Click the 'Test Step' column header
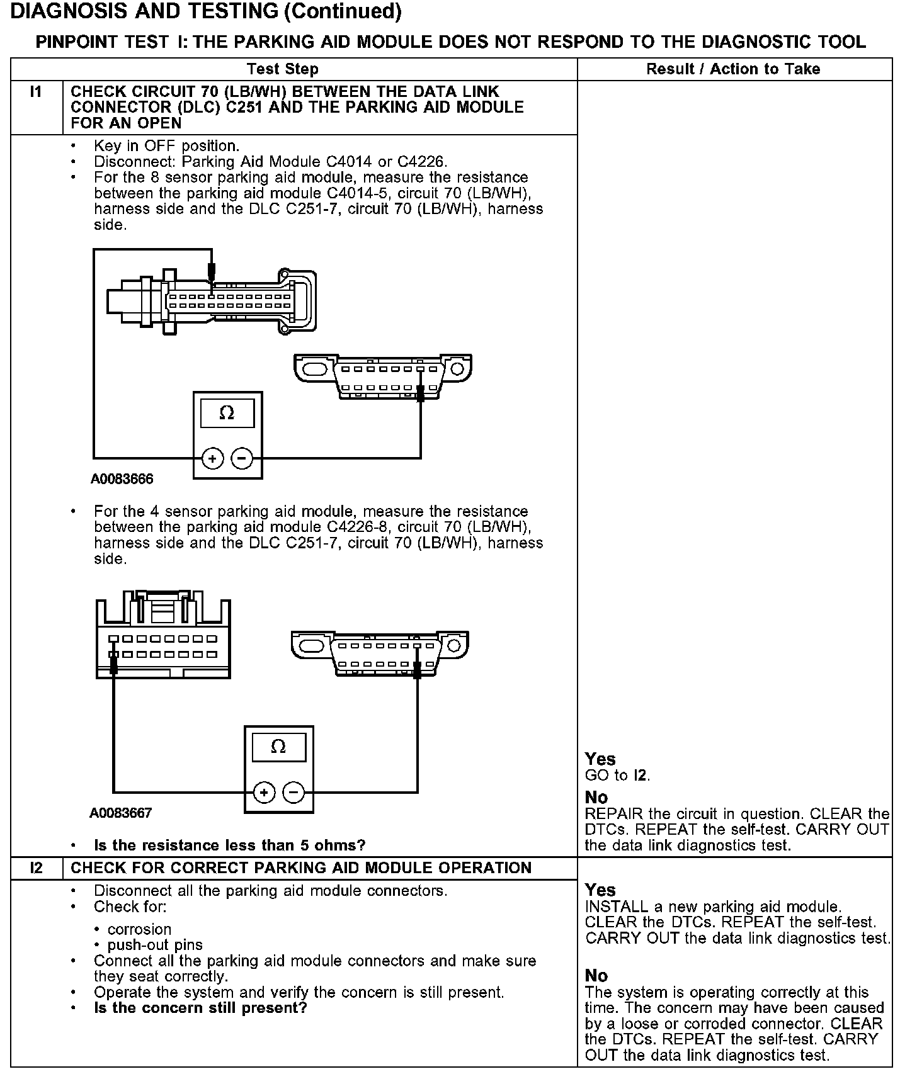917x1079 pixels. tap(282, 69)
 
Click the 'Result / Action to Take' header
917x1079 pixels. tap(733, 69)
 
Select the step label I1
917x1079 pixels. tap(36, 93)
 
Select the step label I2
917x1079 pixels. tap(36, 868)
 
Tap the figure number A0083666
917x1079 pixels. tap(122, 479)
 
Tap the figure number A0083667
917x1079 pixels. tap(120, 813)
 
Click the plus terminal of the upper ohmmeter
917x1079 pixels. tap(212, 458)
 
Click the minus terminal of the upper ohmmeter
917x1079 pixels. tap(242, 458)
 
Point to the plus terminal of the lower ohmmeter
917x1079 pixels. tap(264, 792)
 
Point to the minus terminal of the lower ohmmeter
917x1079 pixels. tap(293, 792)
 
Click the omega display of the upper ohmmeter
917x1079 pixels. tap(227, 413)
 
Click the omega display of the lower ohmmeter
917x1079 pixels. tap(278, 747)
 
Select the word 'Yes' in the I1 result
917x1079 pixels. tap(600, 759)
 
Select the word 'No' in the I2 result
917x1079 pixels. tap(596, 976)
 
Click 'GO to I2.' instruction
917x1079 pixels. tap(617, 776)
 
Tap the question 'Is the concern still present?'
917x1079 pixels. tap(200, 1008)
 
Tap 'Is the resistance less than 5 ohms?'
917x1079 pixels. tap(229, 845)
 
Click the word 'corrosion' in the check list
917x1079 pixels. tap(139, 929)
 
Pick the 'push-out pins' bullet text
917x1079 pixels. tap(155, 945)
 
